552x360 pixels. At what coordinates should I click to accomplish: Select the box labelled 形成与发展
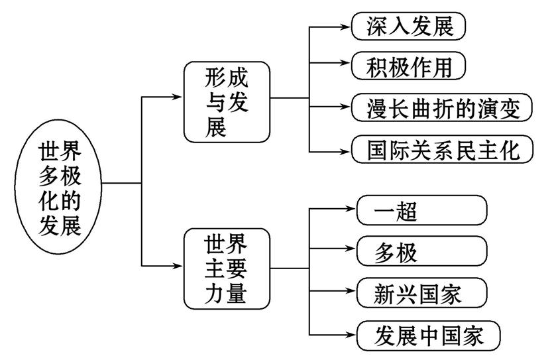tap(226, 99)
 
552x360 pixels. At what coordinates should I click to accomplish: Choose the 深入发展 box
tap(407, 26)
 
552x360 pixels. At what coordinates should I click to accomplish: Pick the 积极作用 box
tap(407, 66)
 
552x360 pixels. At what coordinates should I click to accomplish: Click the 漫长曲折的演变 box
tap(441, 107)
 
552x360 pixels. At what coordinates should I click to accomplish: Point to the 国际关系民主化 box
tap(441, 149)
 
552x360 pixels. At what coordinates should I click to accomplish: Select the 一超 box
tap(421, 210)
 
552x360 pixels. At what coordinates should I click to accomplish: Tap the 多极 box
tap(421, 252)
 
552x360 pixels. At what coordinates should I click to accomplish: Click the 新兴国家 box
tap(421, 292)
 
